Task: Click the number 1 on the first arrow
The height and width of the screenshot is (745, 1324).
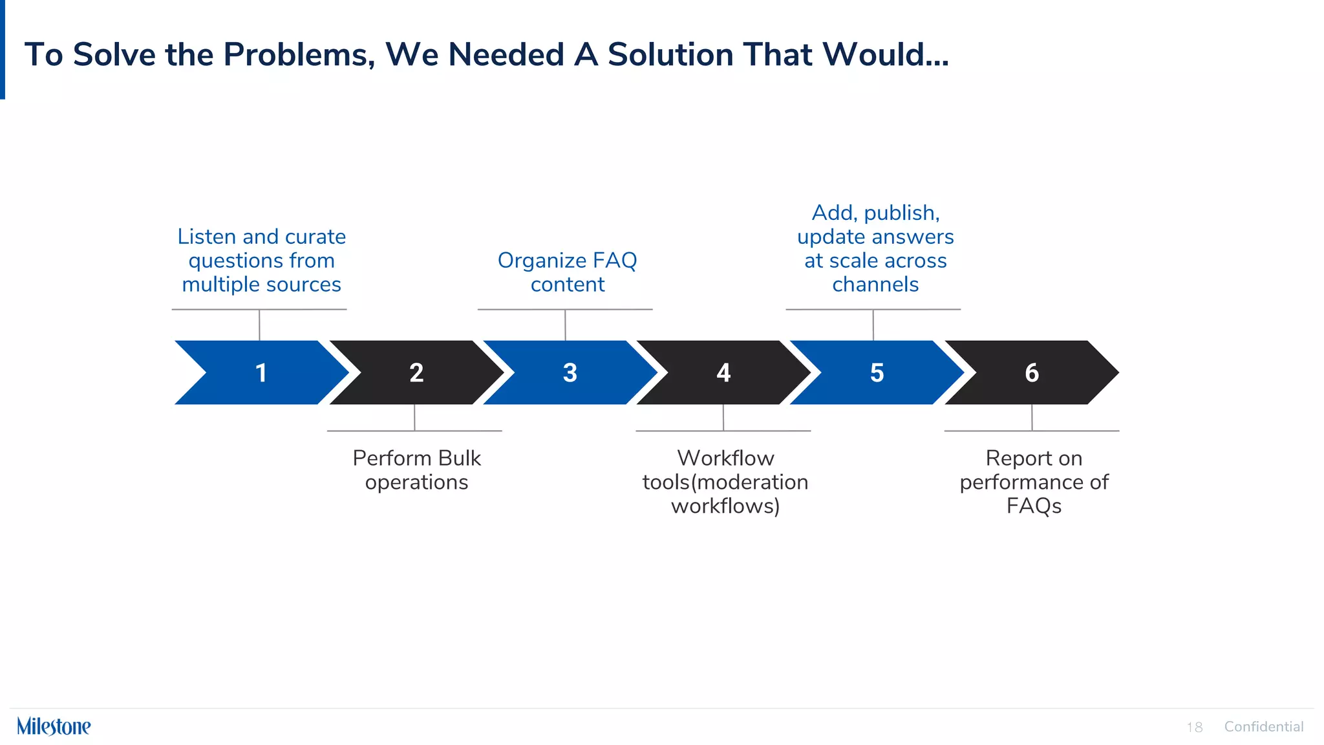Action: click(261, 372)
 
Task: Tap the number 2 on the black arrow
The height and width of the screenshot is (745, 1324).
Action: click(416, 372)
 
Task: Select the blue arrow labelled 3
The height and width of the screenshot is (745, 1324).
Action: click(570, 372)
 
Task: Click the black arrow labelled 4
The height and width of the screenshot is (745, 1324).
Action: click(723, 372)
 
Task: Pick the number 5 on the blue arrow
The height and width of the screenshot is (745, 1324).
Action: click(877, 372)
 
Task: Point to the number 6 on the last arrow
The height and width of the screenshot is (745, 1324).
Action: click(1032, 372)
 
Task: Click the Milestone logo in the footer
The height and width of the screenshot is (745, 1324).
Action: click(54, 726)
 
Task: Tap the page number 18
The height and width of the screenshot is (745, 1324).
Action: click(1194, 727)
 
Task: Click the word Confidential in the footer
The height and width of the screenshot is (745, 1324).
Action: click(1263, 726)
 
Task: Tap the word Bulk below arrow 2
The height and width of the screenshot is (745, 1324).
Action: click(459, 458)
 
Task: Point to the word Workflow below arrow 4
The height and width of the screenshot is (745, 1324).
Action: click(725, 458)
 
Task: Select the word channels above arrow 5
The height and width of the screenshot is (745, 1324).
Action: click(875, 285)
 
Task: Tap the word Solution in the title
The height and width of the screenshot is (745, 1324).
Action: click(670, 54)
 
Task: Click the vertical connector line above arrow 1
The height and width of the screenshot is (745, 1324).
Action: click(259, 325)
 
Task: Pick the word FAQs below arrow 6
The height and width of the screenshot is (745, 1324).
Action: click(1033, 506)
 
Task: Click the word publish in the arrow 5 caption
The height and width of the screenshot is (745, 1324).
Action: click(901, 213)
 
